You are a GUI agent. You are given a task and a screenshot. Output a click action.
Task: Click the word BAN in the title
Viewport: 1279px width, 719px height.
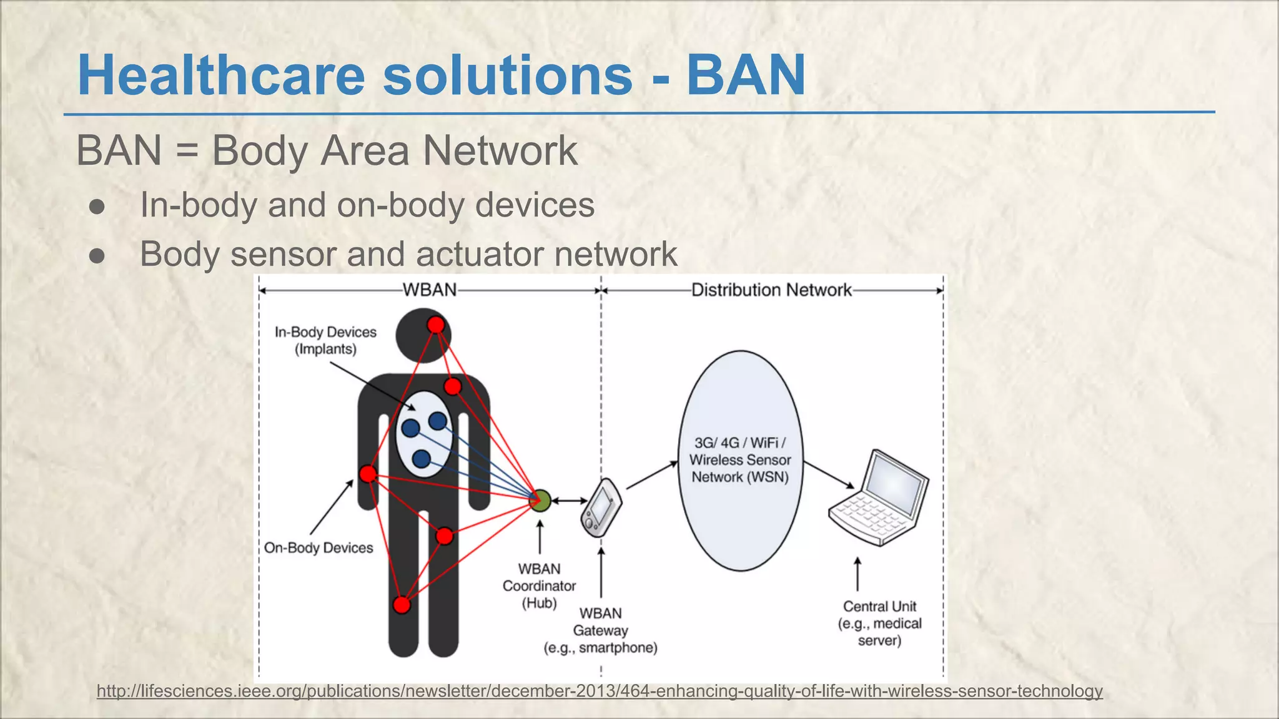pos(746,76)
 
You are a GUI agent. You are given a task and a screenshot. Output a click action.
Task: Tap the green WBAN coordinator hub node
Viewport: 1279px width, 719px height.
pos(540,501)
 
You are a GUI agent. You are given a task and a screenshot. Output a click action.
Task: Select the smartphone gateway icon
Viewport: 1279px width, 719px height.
pos(601,507)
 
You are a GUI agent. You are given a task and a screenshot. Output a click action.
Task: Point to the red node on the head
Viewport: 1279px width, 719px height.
pos(436,325)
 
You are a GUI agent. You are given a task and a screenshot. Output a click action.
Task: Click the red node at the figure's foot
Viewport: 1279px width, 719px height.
pos(402,604)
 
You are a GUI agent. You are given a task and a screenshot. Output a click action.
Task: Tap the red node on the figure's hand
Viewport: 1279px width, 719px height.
pos(368,474)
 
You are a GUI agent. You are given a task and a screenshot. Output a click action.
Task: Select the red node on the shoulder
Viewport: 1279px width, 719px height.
pos(453,386)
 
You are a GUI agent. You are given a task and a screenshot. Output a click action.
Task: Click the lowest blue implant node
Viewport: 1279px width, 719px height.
pos(422,459)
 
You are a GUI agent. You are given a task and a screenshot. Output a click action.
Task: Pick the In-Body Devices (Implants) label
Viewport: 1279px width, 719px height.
pos(325,340)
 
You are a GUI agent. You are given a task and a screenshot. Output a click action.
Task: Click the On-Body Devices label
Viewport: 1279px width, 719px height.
pos(319,547)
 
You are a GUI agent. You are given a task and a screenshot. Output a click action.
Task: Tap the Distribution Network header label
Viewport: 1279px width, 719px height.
pos(771,290)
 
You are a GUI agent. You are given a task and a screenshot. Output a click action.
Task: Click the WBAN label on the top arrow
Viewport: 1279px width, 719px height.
pos(430,290)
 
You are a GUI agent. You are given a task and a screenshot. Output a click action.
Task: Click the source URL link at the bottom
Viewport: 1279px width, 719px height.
pos(600,691)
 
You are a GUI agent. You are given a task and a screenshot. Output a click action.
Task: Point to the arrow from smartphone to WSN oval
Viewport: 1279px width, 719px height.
pos(651,475)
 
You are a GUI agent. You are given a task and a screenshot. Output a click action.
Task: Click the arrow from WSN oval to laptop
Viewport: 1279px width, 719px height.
pos(828,475)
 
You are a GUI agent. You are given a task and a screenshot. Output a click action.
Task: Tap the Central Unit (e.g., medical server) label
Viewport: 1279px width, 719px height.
pos(879,623)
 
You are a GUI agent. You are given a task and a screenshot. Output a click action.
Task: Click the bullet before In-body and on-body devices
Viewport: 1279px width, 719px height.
pos(97,206)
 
